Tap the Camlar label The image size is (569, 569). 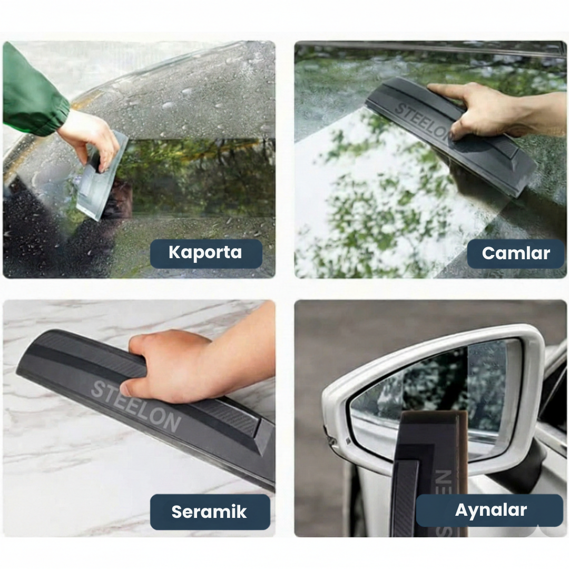pyautogui.click(x=516, y=253)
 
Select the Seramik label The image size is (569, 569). pyautogui.click(x=210, y=512)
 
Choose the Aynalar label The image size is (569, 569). pyautogui.click(x=490, y=510)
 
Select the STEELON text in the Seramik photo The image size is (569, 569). pyautogui.click(x=135, y=406)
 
